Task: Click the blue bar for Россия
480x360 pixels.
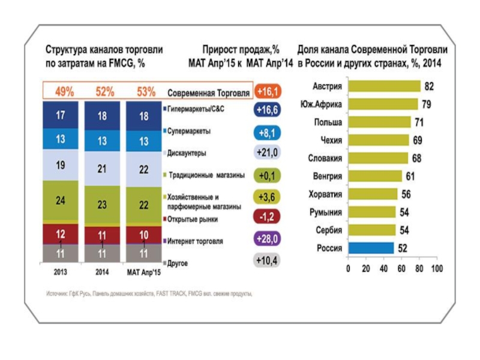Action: [x=371, y=247]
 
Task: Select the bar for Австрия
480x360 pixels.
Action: [x=384, y=86]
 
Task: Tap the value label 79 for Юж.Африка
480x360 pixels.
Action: [x=427, y=104]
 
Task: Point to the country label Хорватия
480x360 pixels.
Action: [x=326, y=194]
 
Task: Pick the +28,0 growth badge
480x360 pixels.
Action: [x=267, y=239]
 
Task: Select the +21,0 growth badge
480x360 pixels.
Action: [x=267, y=153]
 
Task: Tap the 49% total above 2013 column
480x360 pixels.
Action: [x=65, y=92]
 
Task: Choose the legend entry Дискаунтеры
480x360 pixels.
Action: [x=187, y=153]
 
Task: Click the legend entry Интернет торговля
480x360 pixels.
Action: [x=195, y=241]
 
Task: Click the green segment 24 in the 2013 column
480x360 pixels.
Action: [x=61, y=202]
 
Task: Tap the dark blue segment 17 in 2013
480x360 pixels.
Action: [x=61, y=116]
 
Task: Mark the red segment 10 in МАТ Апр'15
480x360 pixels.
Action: [x=144, y=235]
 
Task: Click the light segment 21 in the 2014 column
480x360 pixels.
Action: [x=103, y=169]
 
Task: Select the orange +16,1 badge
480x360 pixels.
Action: [x=267, y=91]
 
